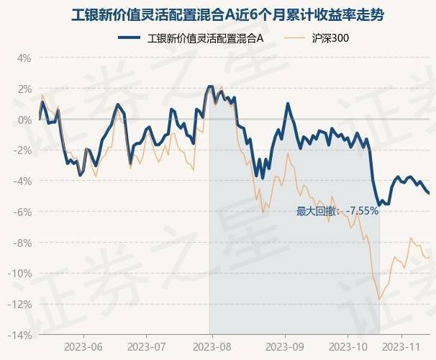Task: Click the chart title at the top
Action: click(x=218, y=14)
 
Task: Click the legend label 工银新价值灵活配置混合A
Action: click(x=205, y=37)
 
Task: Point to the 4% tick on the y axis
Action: click(x=23, y=58)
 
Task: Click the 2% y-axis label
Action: click(x=23, y=89)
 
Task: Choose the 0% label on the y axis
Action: click(x=23, y=120)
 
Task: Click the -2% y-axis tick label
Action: click(x=22, y=150)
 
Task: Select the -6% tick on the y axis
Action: click(x=22, y=212)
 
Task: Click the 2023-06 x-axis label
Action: click(x=83, y=346)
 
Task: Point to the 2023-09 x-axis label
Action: click(x=285, y=346)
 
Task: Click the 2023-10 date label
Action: click(x=348, y=346)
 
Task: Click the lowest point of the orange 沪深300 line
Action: click(x=379, y=299)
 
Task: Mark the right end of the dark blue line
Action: click(x=430, y=193)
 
